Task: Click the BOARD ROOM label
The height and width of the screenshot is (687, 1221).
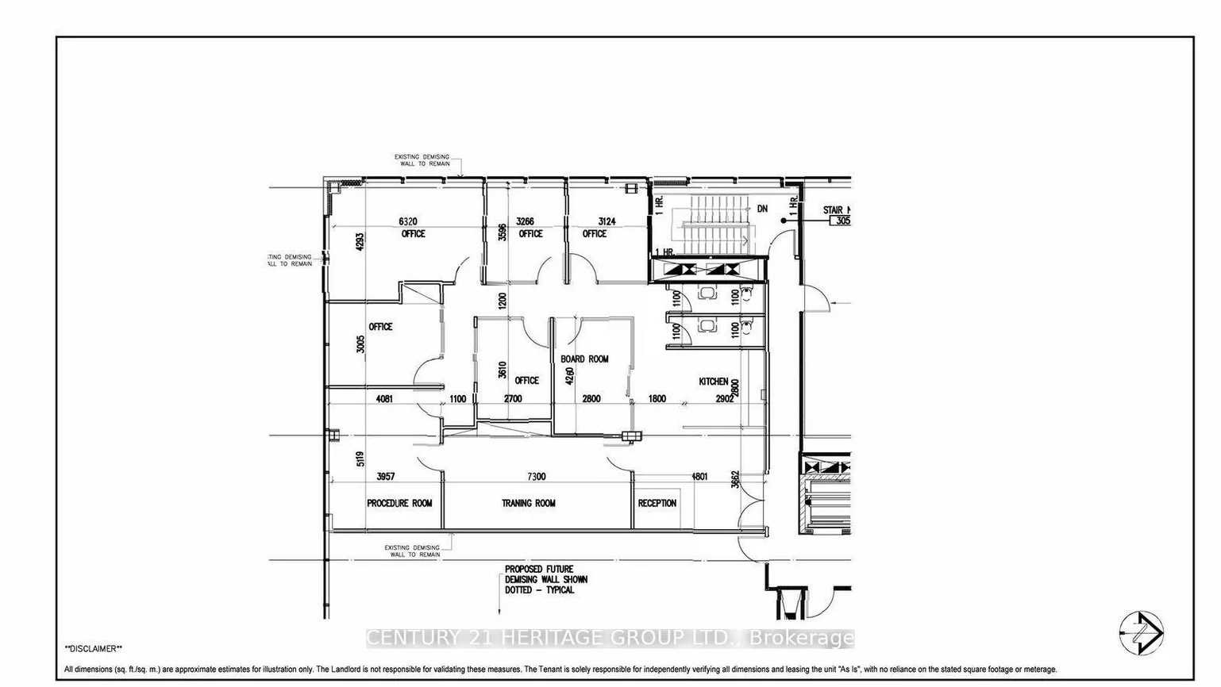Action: tap(584, 359)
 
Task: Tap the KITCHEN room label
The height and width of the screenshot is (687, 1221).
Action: tap(713, 382)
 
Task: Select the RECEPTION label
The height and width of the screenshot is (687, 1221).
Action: tap(657, 503)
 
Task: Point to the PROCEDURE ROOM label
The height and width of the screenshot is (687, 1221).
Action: tap(399, 503)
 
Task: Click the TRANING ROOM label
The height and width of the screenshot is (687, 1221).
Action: tap(529, 503)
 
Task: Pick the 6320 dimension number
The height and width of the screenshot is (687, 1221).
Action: tap(407, 221)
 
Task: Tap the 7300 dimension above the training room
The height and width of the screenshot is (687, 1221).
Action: tap(537, 476)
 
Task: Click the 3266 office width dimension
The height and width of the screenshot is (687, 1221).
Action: tap(525, 221)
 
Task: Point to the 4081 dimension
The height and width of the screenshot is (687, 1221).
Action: tap(384, 398)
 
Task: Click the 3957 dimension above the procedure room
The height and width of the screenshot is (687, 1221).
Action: tap(386, 476)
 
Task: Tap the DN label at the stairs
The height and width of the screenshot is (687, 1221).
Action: tap(762, 209)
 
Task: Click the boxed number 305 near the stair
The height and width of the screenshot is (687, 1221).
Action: tap(841, 221)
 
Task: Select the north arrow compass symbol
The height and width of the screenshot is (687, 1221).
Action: tap(1142, 633)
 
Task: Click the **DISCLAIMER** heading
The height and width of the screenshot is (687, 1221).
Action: tap(94, 648)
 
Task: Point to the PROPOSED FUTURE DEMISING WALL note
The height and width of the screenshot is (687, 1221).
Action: tap(546, 580)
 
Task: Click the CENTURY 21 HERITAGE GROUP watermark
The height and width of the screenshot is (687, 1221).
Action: tap(610, 638)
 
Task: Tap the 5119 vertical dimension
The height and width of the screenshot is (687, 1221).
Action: tap(360, 459)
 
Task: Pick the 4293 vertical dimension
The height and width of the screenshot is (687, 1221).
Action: tap(360, 241)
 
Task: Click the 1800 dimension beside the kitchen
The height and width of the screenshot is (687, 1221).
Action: tap(657, 398)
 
